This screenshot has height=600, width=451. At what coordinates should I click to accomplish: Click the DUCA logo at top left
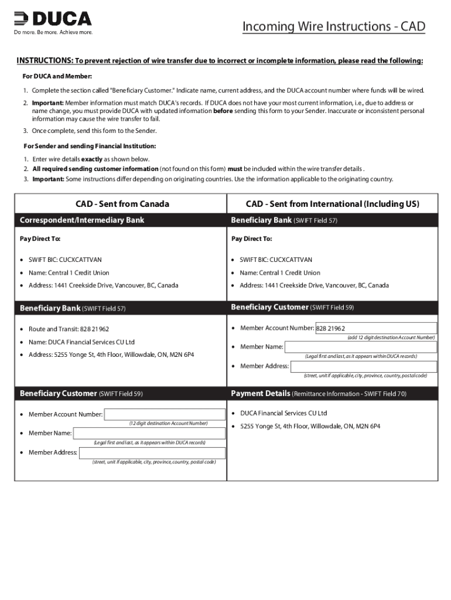(x=53, y=19)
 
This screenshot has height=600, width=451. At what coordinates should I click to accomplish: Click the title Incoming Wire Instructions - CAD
(x=333, y=26)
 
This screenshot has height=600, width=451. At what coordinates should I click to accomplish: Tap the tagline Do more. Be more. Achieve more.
(x=53, y=32)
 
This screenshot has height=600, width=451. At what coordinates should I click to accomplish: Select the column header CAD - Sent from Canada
(x=122, y=204)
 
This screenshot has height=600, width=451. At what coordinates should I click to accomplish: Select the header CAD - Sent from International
(x=332, y=204)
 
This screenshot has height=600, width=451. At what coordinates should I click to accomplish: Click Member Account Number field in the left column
(x=165, y=414)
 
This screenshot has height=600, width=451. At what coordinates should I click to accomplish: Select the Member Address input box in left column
(x=152, y=452)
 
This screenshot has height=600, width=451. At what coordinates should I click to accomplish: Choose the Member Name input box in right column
(x=360, y=347)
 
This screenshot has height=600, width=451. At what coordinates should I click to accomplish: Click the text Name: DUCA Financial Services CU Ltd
(x=81, y=342)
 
